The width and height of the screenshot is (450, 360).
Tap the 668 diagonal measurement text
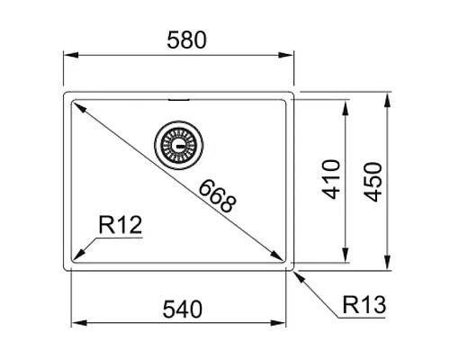pos(217,195)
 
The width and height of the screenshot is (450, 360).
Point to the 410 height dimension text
pos(330,179)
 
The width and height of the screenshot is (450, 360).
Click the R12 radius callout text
pos(120,223)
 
